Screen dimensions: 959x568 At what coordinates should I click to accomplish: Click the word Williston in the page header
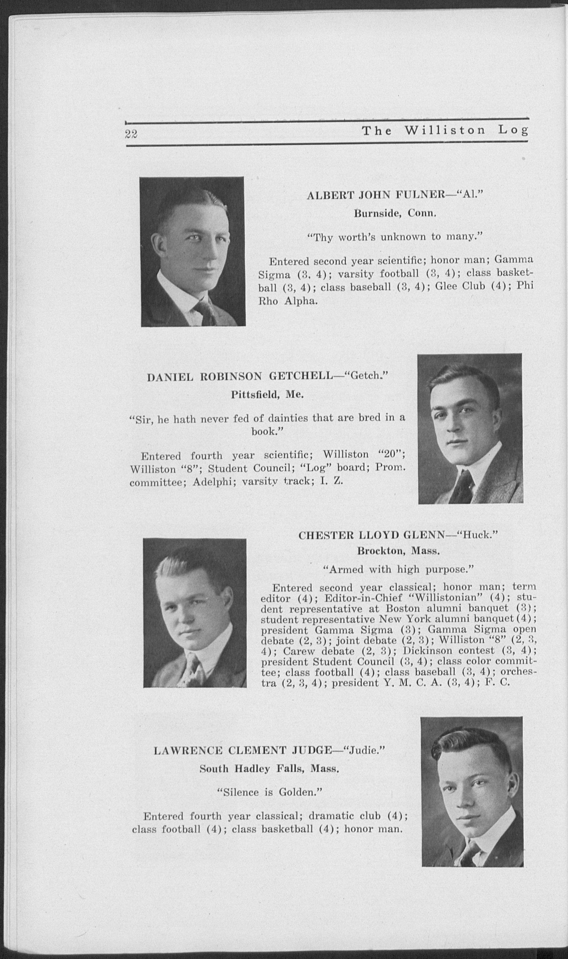pyautogui.click(x=444, y=131)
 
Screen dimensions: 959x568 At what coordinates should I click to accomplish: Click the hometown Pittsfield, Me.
pyautogui.click(x=267, y=395)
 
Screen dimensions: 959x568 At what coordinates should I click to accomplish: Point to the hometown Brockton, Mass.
pyautogui.click(x=398, y=551)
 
